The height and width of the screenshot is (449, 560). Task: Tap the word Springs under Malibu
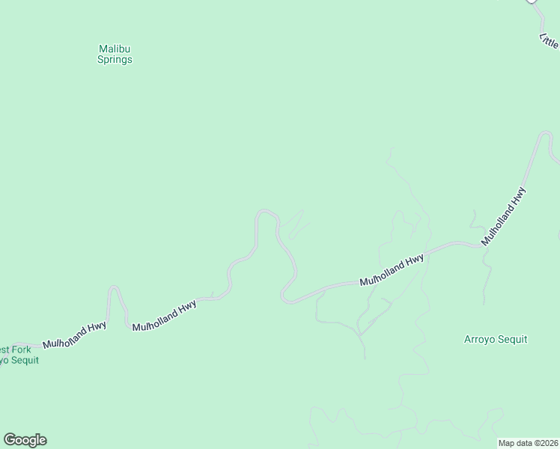click(115, 60)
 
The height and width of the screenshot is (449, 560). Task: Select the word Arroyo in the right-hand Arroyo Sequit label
click(480, 339)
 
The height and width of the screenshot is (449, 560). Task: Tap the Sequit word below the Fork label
click(23, 360)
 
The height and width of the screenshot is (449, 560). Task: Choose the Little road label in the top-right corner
click(549, 40)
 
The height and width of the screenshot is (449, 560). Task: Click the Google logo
click(25, 440)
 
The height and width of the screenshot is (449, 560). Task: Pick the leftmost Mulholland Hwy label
click(74, 335)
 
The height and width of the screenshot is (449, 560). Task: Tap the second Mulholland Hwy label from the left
click(164, 316)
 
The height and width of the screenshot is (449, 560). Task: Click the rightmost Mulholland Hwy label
click(504, 216)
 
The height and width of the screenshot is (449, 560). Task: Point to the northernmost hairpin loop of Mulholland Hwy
click(265, 213)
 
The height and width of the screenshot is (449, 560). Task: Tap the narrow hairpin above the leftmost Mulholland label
click(115, 288)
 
